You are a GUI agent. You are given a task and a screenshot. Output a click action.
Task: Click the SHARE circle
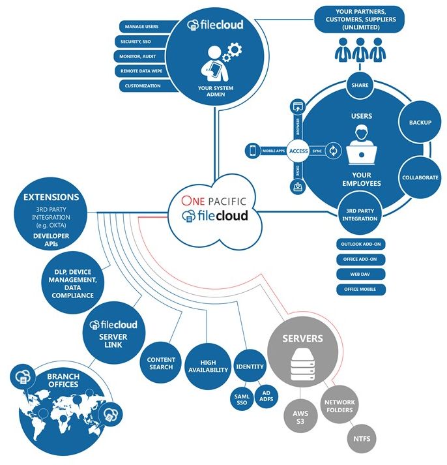pyautogui.click(x=360, y=85)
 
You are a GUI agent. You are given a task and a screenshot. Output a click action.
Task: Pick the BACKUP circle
pyautogui.click(x=420, y=122)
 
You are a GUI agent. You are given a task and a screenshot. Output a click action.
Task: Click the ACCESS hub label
pyautogui.click(x=298, y=151)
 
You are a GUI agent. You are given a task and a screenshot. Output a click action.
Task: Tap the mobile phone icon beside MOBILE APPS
pyautogui.click(x=253, y=151)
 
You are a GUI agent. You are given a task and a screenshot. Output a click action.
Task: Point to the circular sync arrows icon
pyautogui.click(x=334, y=151)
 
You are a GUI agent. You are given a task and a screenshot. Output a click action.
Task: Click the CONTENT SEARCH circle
pyautogui.click(x=160, y=363)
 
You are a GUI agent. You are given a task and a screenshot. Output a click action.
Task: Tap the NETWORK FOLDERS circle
pyautogui.click(x=339, y=406)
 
